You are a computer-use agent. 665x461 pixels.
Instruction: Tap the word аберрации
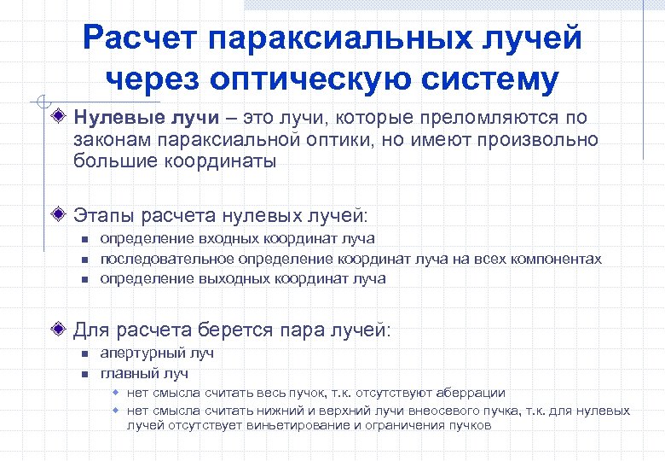pos(471,393)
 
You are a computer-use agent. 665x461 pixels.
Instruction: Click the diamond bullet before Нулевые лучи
pos(57,116)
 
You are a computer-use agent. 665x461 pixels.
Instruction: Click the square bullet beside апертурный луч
pos(84,353)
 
